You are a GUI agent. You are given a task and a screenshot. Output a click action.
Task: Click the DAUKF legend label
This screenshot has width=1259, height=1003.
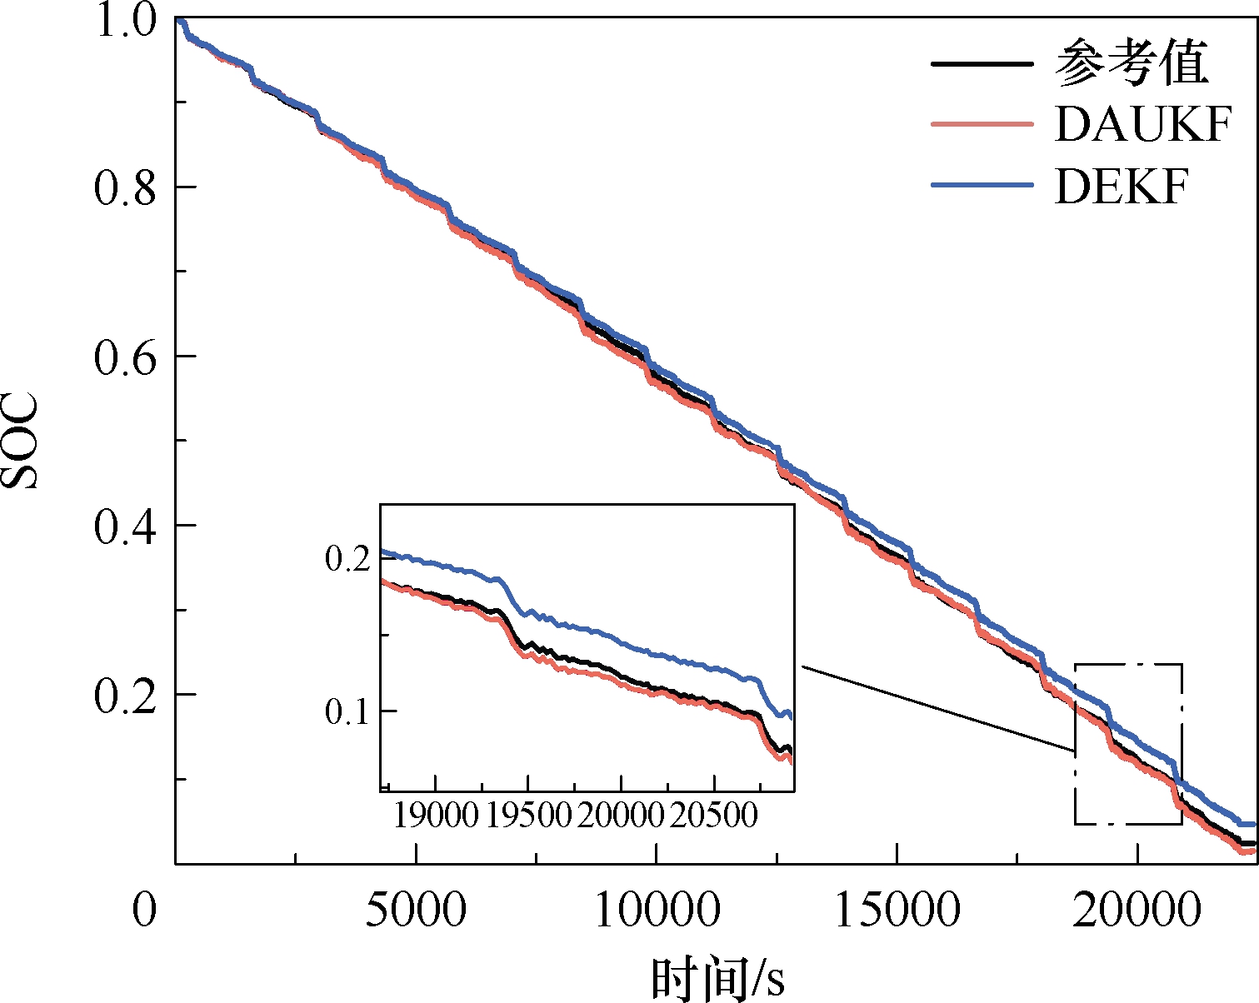pyautogui.click(x=1143, y=124)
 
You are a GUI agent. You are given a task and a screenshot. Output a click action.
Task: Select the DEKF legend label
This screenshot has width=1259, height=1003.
pyautogui.click(x=1122, y=187)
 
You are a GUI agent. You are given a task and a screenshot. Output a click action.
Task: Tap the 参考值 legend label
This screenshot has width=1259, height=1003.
pyautogui.click(x=1132, y=63)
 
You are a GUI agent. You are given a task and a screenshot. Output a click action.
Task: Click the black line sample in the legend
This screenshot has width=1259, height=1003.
pyautogui.click(x=982, y=64)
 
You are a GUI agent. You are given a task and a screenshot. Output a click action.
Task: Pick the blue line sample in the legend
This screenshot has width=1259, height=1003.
pyautogui.click(x=982, y=186)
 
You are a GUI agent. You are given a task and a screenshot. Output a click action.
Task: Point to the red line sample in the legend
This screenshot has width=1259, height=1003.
pyautogui.click(x=982, y=124)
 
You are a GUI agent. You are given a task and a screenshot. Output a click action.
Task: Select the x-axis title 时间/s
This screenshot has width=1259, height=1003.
pyautogui.click(x=717, y=979)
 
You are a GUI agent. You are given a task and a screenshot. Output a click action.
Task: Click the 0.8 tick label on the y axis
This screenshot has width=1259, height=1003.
pyautogui.click(x=125, y=187)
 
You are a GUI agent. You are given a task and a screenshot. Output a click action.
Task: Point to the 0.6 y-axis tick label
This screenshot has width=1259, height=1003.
pyautogui.click(x=125, y=357)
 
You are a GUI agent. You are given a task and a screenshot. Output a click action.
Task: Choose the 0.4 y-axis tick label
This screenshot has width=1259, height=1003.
pyautogui.click(x=125, y=526)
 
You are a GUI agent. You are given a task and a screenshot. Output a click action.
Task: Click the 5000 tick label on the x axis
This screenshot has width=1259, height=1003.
pyautogui.click(x=416, y=910)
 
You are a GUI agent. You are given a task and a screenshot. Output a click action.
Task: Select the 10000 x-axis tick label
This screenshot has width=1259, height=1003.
pyautogui.click(x=657, y=910)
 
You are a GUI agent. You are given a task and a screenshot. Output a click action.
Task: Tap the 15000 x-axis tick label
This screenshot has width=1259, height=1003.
pyautogui.click(x=897, y=910)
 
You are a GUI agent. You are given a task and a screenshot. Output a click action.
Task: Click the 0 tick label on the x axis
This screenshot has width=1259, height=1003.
pyautogui.click(x=144, y=910)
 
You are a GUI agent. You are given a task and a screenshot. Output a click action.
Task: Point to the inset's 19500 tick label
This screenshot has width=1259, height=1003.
pyautogui.click(x=528, y=816)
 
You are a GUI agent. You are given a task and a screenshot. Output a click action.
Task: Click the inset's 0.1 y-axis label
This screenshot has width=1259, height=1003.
pyautogui.click(x=347, y=712)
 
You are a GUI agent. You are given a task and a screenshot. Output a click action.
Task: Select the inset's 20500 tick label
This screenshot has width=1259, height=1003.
pyautogui.click(x=714, y=816)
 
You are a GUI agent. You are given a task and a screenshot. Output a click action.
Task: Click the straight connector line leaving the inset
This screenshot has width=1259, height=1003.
pyautogui.click(x=938, y=708)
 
